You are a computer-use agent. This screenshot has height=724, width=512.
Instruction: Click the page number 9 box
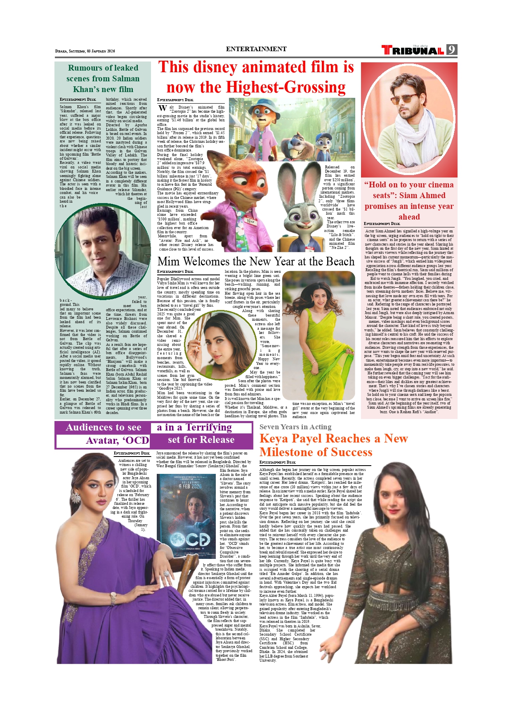click(x=452, y=50)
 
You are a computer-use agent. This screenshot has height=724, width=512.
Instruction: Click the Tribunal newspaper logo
click(x=413, y=50)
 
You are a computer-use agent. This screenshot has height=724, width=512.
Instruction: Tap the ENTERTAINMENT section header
click(x=256, y=49)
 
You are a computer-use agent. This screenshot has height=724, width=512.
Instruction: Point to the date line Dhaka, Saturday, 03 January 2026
click(x=85, y=51)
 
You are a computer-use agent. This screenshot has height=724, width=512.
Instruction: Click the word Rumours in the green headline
click(x=84, y=68)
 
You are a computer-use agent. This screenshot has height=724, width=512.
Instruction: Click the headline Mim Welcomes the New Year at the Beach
click(x=256, y=262)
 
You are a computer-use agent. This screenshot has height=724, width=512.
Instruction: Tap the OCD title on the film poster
click(x=190, y=539)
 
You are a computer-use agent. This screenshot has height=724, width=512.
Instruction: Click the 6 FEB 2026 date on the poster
click(x=190, y=486)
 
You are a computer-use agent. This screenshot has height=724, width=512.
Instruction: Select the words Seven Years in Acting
click(x=295, y=427)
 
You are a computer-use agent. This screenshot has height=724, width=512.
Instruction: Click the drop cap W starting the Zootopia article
click(x=163, y=109)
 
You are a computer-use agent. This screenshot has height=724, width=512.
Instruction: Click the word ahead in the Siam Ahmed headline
click(x=409, y=217)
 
